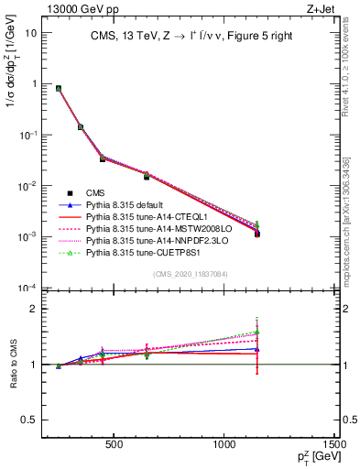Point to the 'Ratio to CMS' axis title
[x=13, y=365]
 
